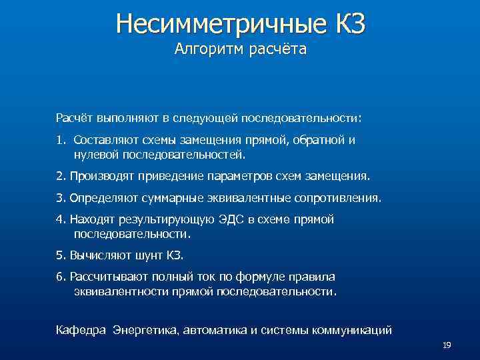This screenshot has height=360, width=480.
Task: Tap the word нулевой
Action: point(94,155)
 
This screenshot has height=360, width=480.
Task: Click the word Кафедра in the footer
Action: point(81,330)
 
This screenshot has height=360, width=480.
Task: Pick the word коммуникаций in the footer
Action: point(353,330)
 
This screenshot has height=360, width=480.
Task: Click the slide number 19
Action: point(447,345)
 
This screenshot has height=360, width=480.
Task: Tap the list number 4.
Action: point(59,219)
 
